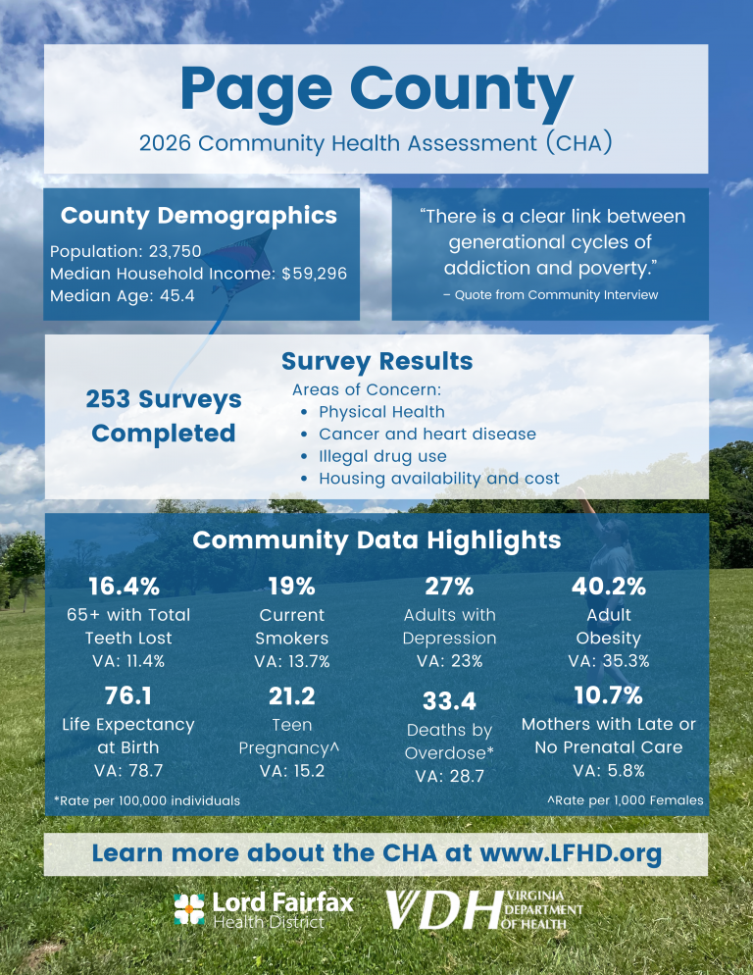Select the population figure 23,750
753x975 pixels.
[175, 251]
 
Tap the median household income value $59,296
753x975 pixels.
[314, 274]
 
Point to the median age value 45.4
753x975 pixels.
[177, 295]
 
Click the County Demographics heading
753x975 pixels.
[199, 216]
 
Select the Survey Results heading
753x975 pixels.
[376, 361]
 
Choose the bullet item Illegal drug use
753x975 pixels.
[382, 456]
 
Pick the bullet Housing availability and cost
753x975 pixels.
[439, 479]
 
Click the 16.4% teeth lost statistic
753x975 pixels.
[125, 587]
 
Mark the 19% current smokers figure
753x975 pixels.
[291, 587]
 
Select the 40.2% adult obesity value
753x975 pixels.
[609, 587]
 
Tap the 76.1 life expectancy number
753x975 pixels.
[128, 695]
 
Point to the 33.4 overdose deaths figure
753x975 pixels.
[450, 701]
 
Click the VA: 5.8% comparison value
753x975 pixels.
[609, 771]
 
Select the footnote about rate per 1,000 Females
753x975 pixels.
[626, 800]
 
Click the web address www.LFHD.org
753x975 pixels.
[571, 853]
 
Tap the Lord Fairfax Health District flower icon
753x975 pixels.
[189, 909]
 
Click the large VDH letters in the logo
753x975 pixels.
[444, 909]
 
